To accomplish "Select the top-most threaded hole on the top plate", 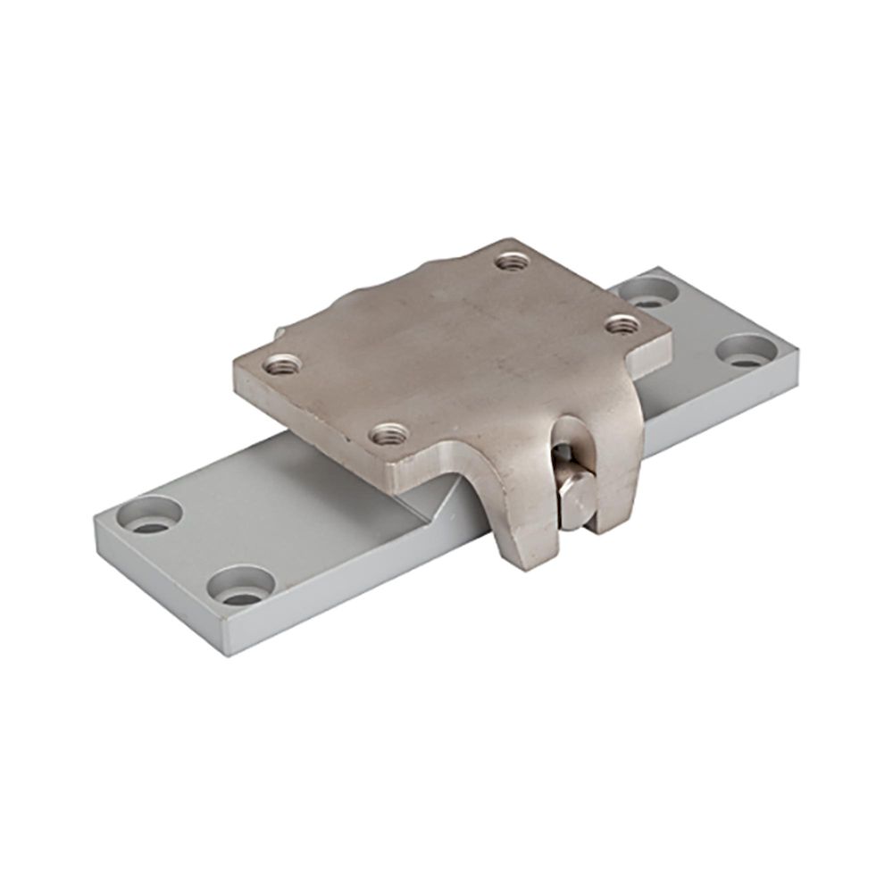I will pyautogui.click(x=512, y=262).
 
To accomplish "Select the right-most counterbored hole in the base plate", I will pyautogui.click(x=744, y=349).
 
